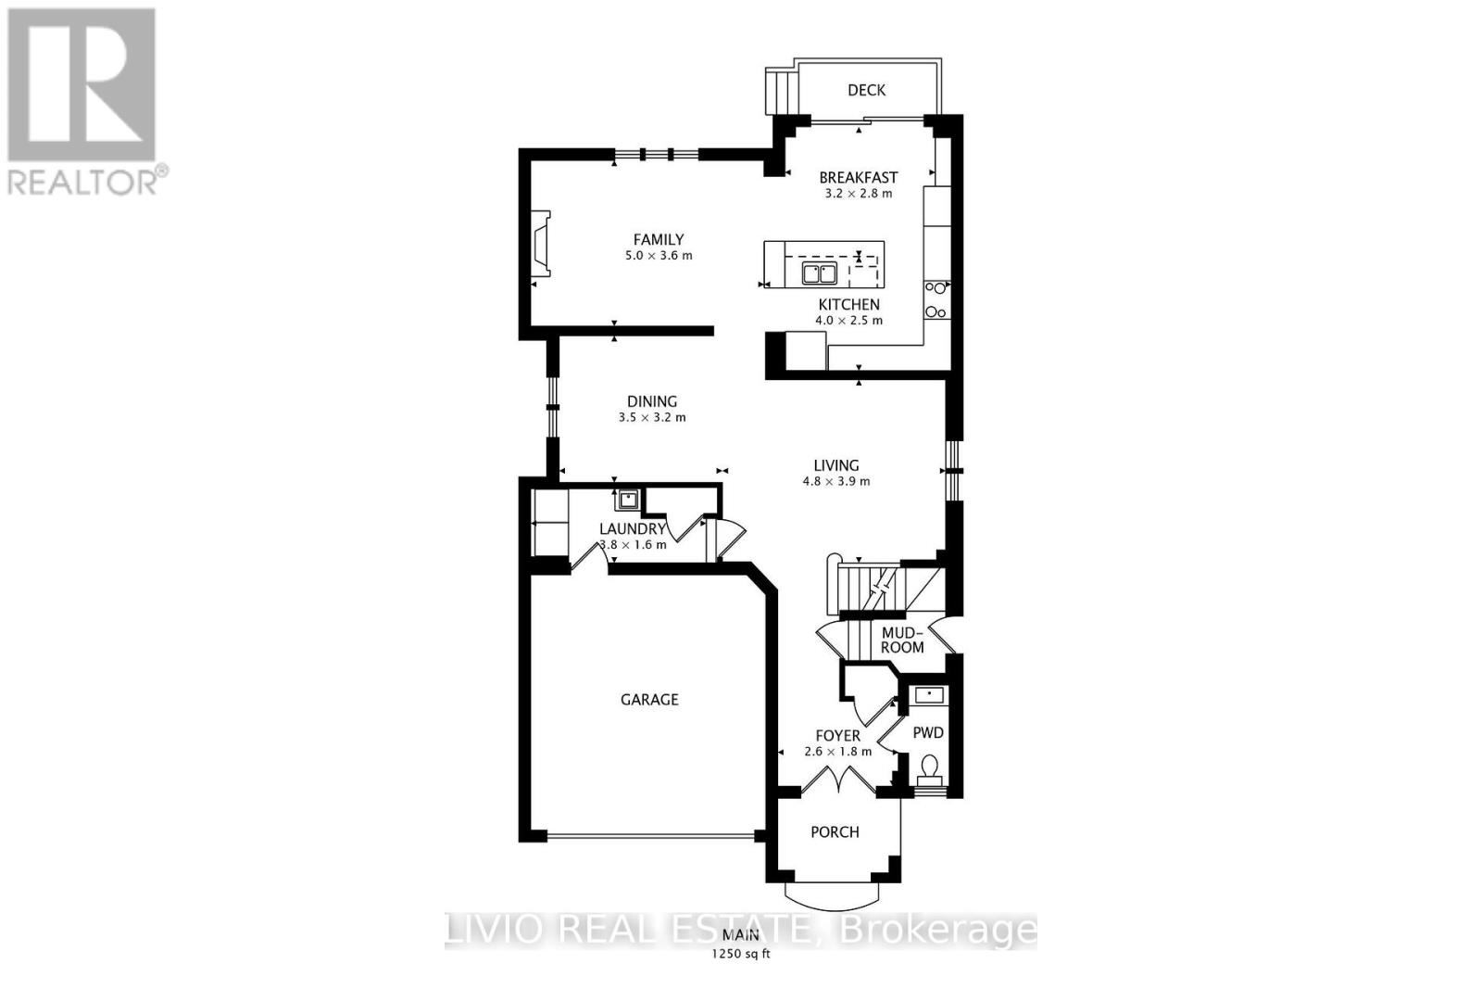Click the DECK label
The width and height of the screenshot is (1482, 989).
click(866, 90)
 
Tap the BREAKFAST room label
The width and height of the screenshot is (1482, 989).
click(858, 177)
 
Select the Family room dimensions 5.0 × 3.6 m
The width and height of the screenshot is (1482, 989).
click(659, 256)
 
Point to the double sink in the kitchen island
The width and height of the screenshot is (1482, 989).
click(819, 273)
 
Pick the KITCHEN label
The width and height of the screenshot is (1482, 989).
click(848, 304)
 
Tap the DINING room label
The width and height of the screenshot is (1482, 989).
click(652, 401)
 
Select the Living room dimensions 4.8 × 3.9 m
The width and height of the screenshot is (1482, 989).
click(835, 482)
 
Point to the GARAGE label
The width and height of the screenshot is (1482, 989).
click(649, 700)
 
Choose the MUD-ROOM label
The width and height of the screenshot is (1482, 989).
click(901, 640)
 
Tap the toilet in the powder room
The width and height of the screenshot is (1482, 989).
click(928, 767)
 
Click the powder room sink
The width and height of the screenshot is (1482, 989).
click(928, 694)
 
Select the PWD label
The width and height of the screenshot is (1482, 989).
click(928, 732)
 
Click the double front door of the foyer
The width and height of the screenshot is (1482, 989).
click(837, 781)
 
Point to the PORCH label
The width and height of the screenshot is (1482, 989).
click(835, 832)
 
